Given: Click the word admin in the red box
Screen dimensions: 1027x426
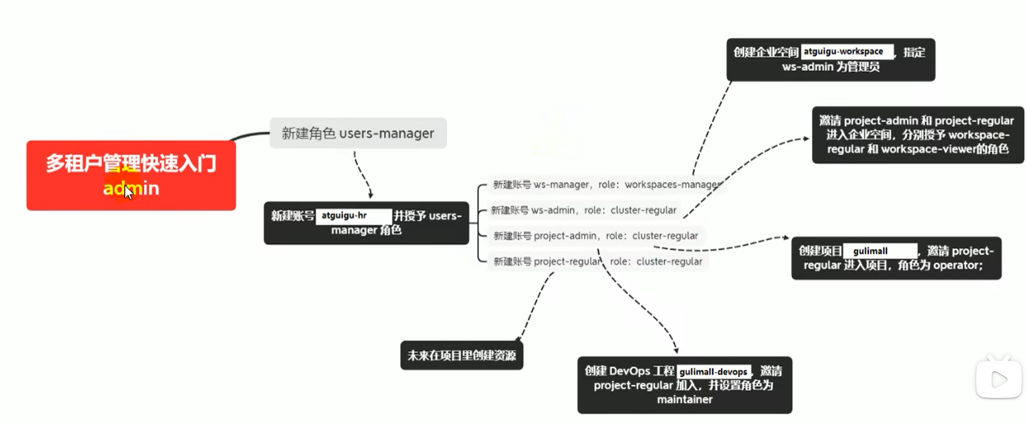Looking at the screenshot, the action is click(131, 189).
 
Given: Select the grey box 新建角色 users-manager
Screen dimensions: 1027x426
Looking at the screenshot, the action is click(358, 134).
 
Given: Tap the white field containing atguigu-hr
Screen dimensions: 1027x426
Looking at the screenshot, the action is click(354, 216).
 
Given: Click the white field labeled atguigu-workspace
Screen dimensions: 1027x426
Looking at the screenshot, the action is click(847, 52).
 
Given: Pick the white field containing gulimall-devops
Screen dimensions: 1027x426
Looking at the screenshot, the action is click(713, 372).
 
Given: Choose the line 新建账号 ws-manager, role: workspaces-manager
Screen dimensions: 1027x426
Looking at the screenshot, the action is click(606, 185).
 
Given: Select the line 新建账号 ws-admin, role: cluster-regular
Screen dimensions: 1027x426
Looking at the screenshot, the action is click(584, 210).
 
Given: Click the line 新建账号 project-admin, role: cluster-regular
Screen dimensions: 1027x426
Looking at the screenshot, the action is click(595, 236).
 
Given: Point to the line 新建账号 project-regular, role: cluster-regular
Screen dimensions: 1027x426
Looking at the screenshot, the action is click(598, 262).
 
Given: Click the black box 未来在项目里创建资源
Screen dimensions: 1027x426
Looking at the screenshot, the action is click(461, 355).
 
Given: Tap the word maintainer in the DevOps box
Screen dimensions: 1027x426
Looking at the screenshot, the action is click(685, 400).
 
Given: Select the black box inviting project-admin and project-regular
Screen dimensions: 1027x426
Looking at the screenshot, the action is click(918, 135).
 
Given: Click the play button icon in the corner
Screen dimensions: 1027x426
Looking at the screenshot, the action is click(998, 380).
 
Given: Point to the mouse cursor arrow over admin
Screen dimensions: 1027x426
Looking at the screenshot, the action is click(128, 192).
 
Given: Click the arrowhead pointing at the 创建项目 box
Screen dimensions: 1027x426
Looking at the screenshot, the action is click(786, 238).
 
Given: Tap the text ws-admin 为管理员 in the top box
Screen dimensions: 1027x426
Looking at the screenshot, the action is click(831, 67).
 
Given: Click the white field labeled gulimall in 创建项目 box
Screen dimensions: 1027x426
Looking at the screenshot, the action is click(879, 251).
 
